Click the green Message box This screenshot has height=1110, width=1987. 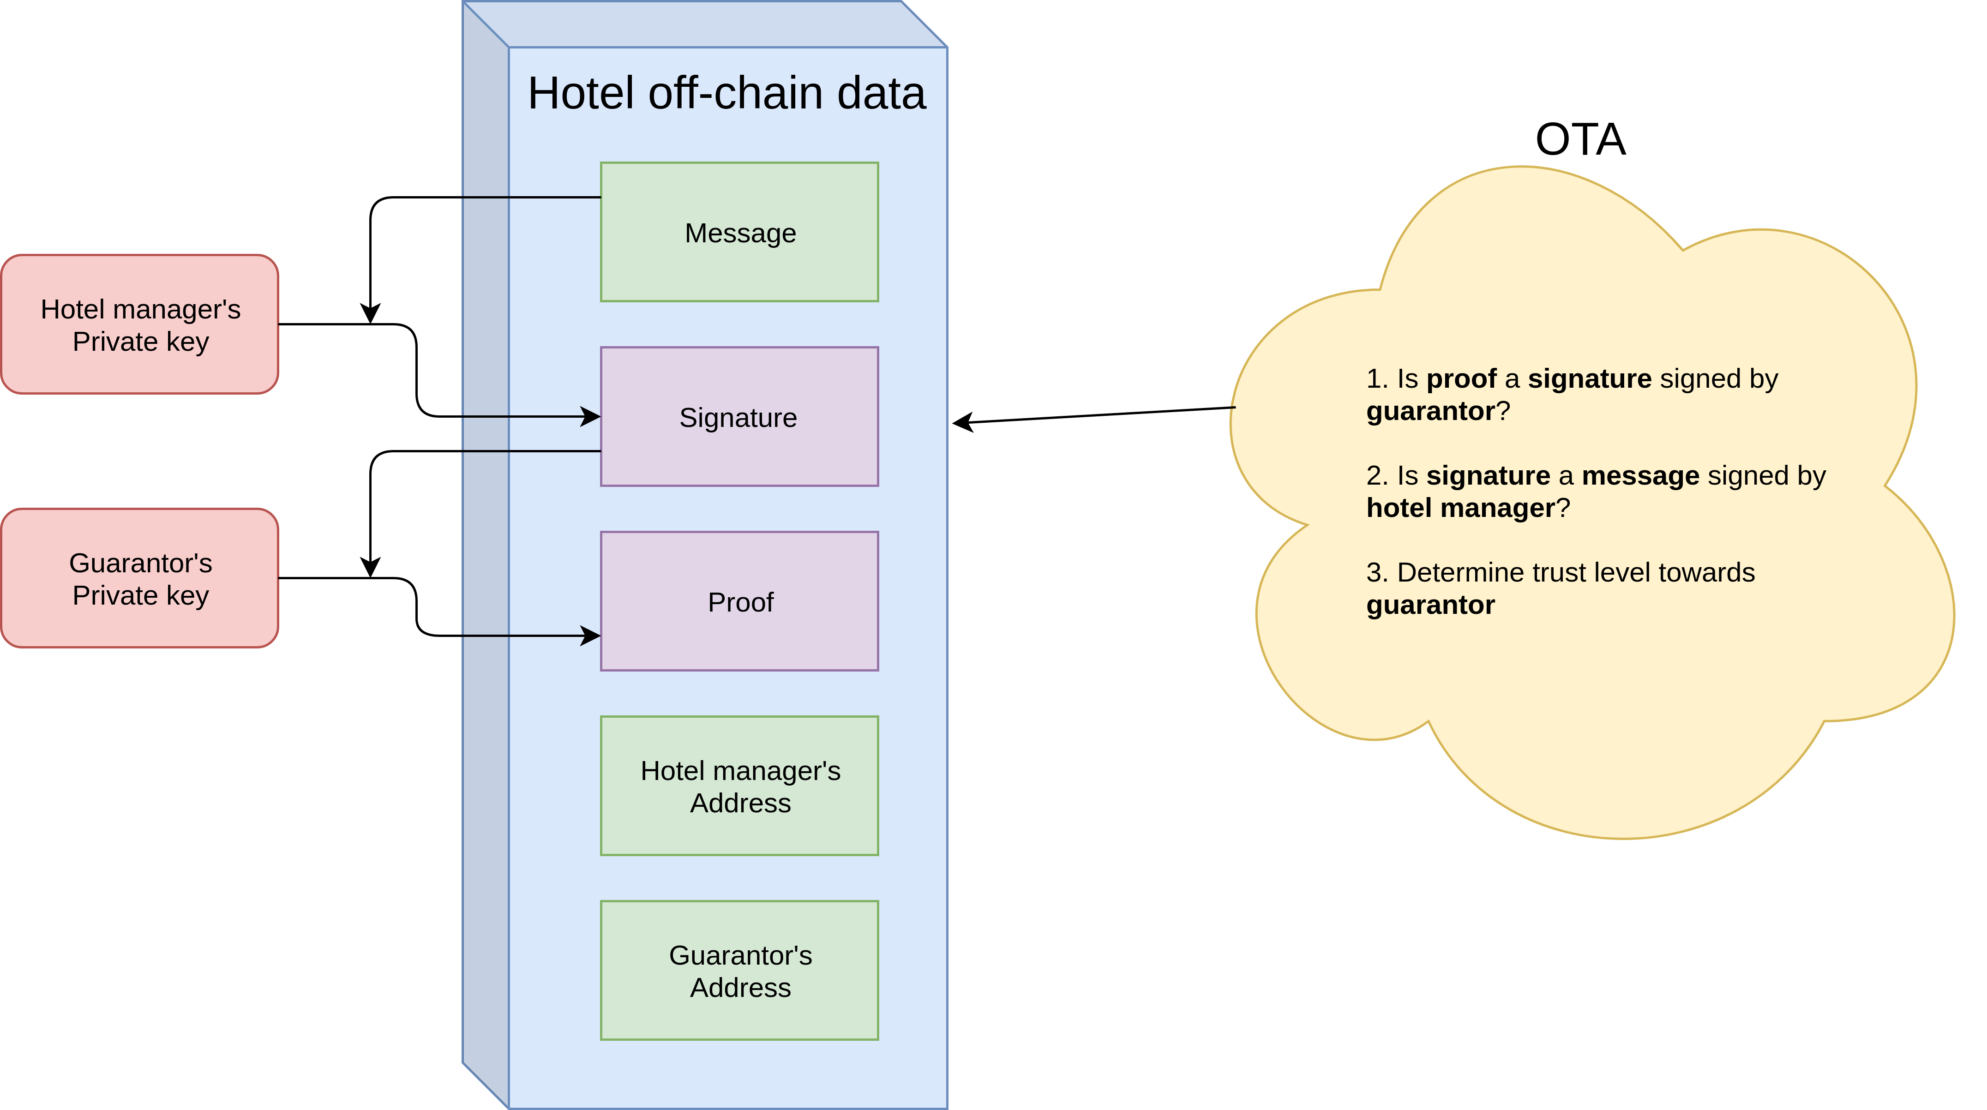pos(739,231)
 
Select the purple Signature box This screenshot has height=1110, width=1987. pos(739,417)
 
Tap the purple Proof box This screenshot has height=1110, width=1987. pos(739,601)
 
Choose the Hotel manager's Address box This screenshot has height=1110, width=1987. pos(739,785)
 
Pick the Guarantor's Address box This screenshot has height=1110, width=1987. pos(739,970)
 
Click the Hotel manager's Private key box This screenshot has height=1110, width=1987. pos(139,324)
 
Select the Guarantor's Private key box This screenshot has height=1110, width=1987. pos(139,578)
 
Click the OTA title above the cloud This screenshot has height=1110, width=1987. pos(1580,140)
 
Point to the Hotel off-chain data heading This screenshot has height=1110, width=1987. pos(726,93)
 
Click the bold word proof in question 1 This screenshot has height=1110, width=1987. pos(1462,379)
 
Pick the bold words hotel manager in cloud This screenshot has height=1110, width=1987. pos(1461,508)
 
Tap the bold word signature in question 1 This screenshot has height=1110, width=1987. pos(1590,379)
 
